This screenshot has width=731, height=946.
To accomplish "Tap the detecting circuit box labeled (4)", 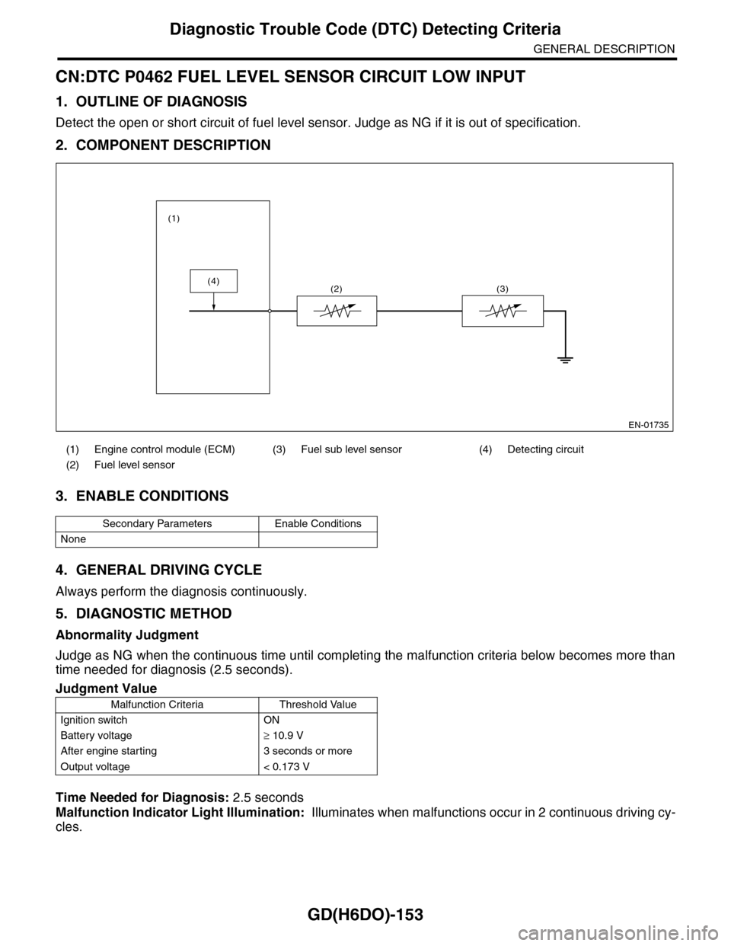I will click(214, 281).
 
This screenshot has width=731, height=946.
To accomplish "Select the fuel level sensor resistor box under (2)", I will click(337, 311).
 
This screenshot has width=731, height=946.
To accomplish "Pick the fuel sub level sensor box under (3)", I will click(503, 311).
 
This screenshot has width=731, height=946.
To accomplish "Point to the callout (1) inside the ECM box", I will click(174, 218).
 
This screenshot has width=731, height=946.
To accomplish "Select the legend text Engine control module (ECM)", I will click(164, 449).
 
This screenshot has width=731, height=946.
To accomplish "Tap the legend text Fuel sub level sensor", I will click(351, 449).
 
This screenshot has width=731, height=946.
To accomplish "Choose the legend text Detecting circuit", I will click(545, 449).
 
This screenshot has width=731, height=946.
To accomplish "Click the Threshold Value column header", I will click(318, 705).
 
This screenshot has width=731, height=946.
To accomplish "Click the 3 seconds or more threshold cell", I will click(302, 751).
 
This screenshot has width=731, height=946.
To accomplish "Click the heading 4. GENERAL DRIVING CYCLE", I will click(158, 570).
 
